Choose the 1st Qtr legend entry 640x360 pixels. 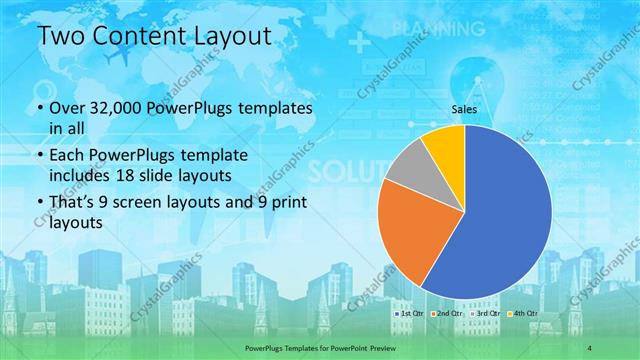tap(410, 314)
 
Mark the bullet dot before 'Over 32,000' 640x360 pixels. tap(39, 108)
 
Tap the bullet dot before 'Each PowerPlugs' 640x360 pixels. tap(39, 157)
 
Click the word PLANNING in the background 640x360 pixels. tap(428, 27)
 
